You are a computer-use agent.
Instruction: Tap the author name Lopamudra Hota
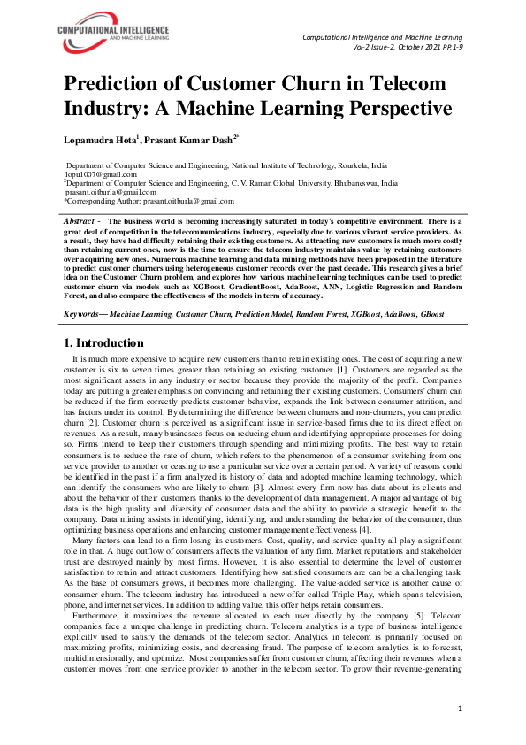(98, 141)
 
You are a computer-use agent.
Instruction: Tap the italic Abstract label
(82, 219)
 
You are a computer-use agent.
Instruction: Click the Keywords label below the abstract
(84, 314)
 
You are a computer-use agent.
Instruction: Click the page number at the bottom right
(460, 709)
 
